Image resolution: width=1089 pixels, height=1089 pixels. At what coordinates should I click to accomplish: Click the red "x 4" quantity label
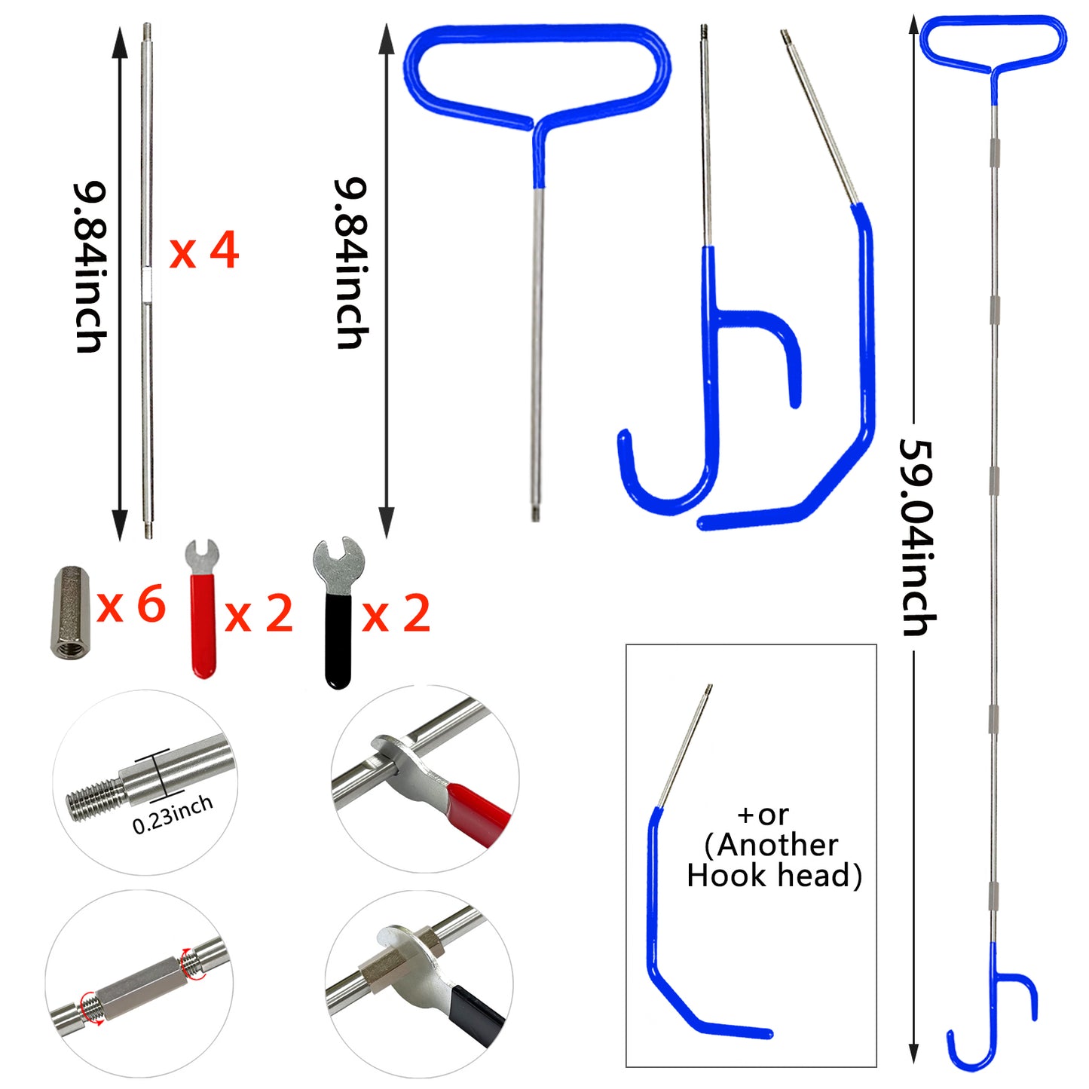pos(203,251)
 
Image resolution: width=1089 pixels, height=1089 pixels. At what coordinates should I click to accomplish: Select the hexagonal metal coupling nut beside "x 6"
pos(69,613)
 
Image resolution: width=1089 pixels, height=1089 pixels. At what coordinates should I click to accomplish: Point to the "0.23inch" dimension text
pos(173,815)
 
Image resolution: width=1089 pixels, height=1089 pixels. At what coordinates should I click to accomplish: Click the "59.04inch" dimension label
pos(918,537)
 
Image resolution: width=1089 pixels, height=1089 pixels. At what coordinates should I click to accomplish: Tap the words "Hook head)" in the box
pos(774,876)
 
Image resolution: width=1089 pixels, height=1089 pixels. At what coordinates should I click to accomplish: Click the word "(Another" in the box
pos(771,845)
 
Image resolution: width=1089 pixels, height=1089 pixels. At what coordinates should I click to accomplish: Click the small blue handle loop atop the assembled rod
pos(993,41)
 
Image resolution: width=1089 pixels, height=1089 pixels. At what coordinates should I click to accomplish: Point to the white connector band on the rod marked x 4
pos(148,282)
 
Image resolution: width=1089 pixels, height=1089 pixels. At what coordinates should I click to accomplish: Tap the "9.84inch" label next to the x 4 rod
pos(90,268)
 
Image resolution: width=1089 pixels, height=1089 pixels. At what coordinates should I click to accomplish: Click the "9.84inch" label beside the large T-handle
pos(351,264)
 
